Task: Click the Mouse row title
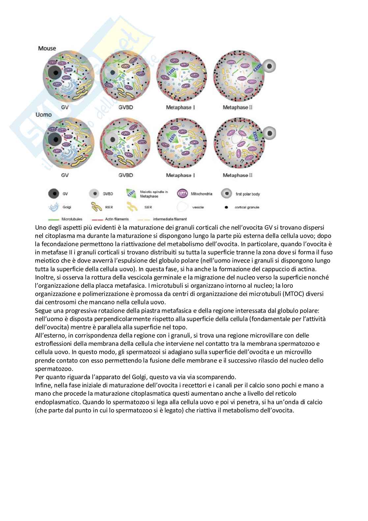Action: pos(47,49)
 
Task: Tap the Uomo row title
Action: pos(44,115)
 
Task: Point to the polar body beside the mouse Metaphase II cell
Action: pos(269,66)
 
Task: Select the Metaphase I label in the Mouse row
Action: pos(180,108)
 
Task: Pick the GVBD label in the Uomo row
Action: pos(126,175)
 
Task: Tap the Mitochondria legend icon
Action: pos(182,194)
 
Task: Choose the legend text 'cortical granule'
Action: pos(247,208)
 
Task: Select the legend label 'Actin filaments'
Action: pos(117,219)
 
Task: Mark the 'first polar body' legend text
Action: pos(248,194)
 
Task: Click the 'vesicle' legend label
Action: pos(198,208)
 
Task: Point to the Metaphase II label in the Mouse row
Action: pos(237,108)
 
